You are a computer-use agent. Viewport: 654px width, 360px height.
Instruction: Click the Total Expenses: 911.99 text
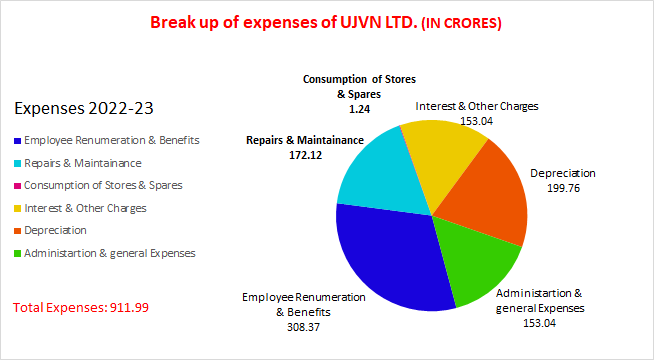tap(81, 307)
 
